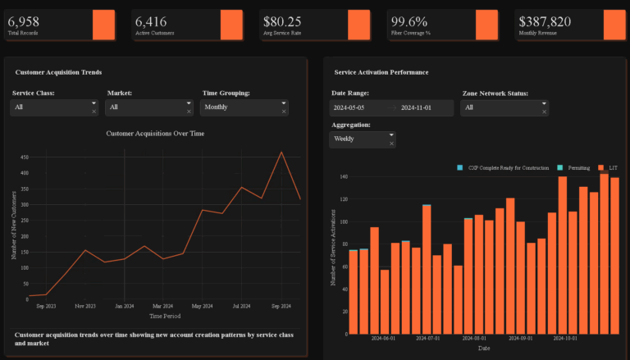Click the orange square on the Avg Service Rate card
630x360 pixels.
(x=358, y=25)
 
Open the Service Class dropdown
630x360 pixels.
(x=53, y=107)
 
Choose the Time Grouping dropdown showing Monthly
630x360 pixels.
(x=244, y=107)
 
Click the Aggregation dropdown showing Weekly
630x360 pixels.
(x=362, y=139)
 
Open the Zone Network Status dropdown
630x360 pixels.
(x=504, y=107)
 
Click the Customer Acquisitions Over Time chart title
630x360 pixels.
(x=155, y=133)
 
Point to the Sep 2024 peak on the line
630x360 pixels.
(x=282, y=152)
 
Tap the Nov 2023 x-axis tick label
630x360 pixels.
(x=85, y=306)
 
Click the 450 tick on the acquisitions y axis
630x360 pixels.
(x=25, y=157)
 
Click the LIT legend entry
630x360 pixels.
(x=612, y=168)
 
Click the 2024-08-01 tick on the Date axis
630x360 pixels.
(x=474, y=338)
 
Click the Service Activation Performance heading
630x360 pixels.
(x=381, y=72)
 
